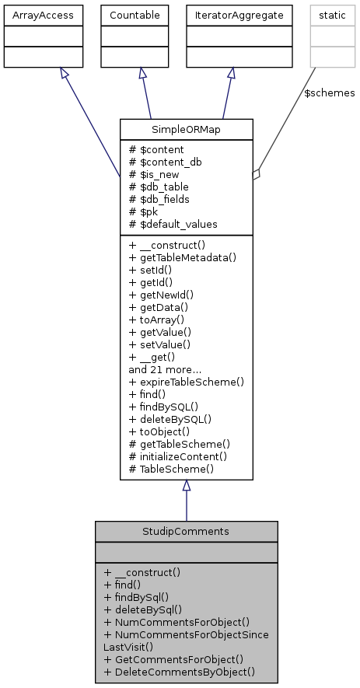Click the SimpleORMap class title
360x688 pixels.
pos(187,129)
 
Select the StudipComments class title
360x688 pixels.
pos(187,531)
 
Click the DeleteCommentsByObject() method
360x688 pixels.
pos(179,671)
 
